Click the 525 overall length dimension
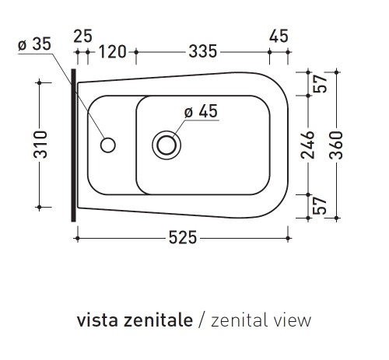(x=182, y=236)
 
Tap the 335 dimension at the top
(x=202, y=52)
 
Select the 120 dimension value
(x=113, y=52)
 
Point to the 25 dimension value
(x=82, y=36)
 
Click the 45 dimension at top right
(x=278, y=36)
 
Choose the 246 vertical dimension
(x=309, y=144)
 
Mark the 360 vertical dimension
(x=337, y=144)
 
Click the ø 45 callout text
(x=200, y=111)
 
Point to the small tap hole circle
(x=109, y=144)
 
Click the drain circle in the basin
(x=166, y=144)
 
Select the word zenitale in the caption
(x=155, y=320)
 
